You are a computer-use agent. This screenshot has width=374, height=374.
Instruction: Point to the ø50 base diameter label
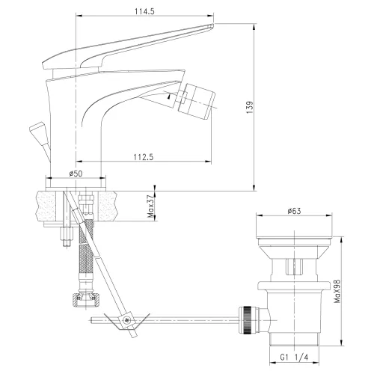76,174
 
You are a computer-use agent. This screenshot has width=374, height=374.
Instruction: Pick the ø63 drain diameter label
294,211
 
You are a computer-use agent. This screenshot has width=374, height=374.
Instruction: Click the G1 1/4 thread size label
294,358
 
